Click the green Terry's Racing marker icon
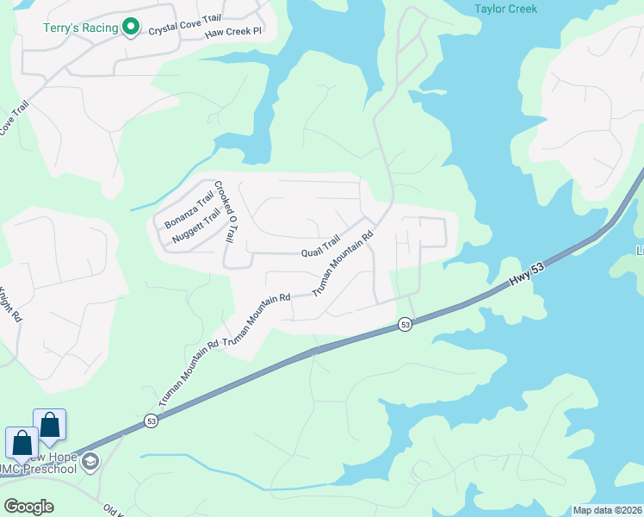131,28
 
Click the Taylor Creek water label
505,9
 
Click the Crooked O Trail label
225,210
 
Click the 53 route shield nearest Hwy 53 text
405,324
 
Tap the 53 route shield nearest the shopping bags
152,421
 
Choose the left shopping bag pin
22,442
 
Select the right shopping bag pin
50,424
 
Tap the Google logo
28,506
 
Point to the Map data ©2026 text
607,510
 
